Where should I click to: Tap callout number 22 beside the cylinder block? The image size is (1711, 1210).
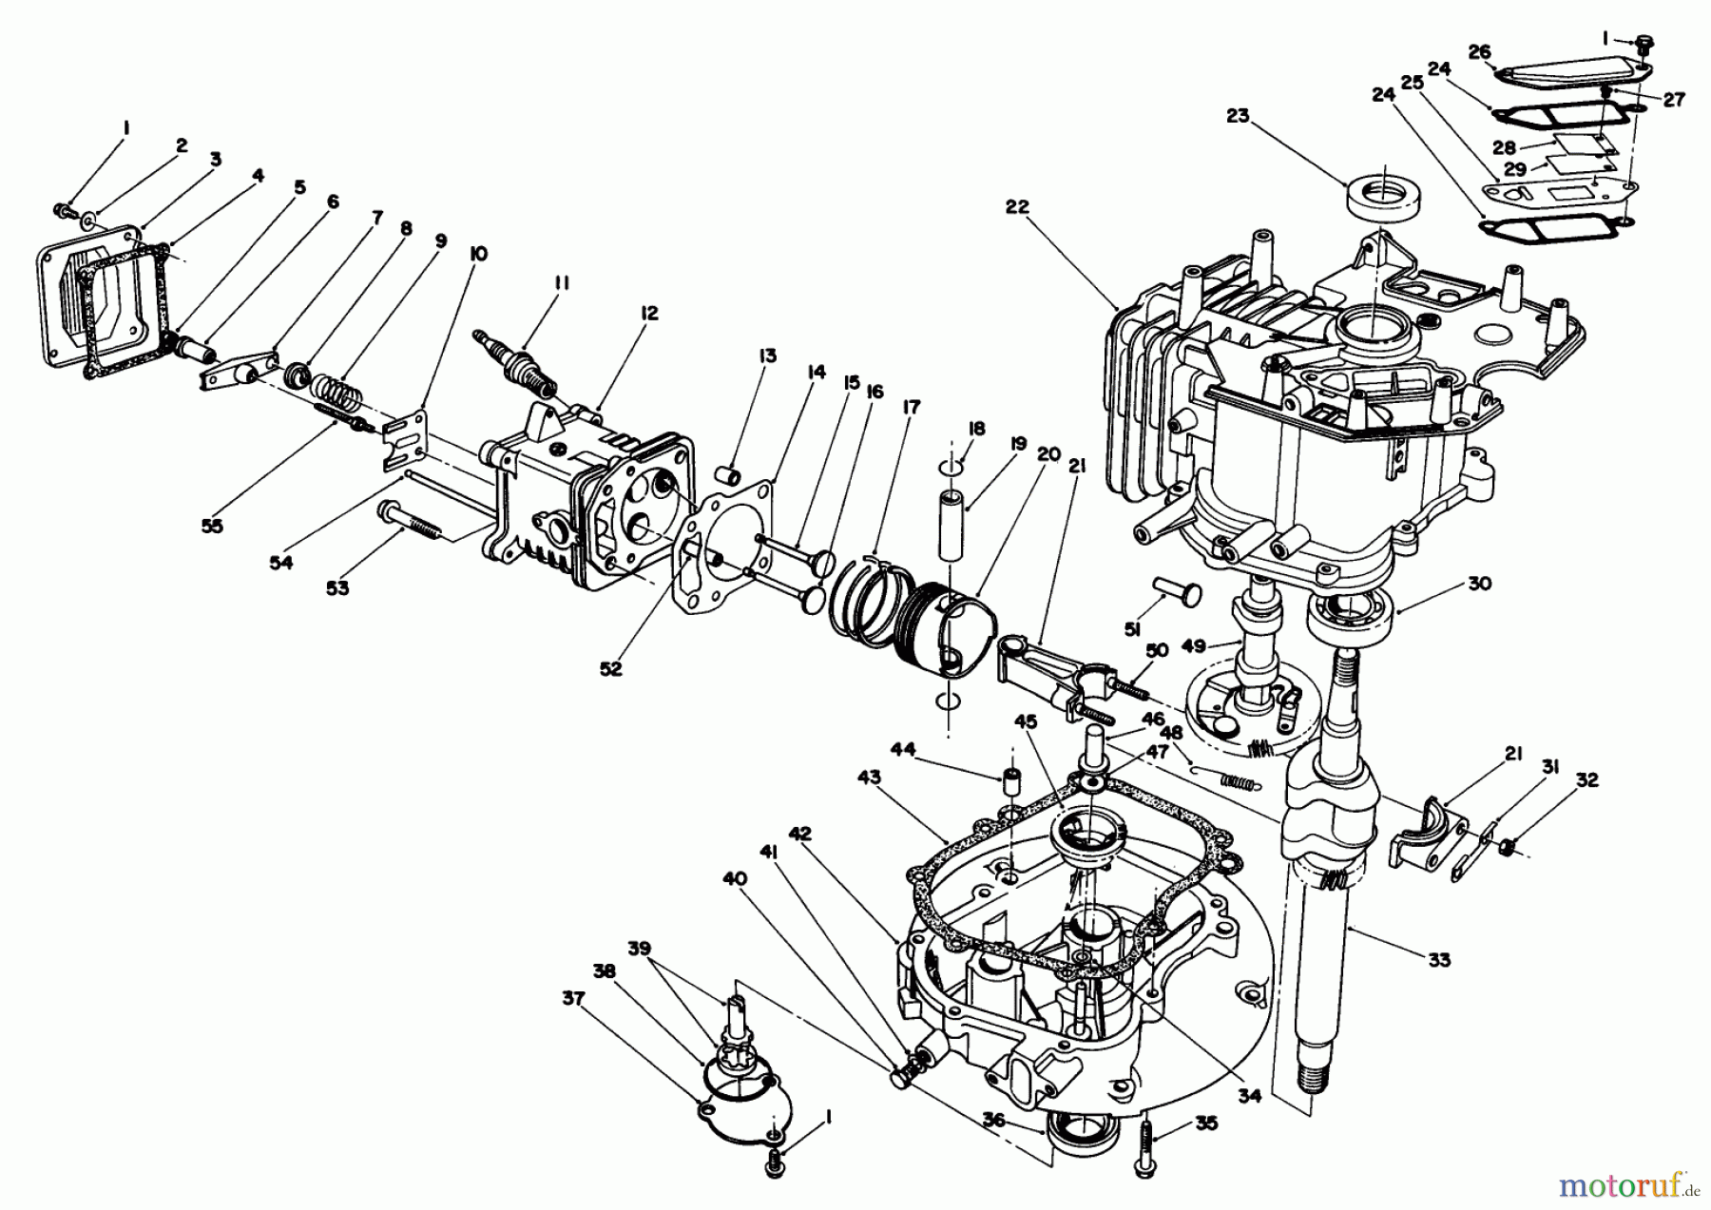coord(1017,207)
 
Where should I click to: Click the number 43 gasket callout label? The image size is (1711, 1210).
coord(869,777)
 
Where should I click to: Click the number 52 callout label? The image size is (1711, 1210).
coord(610,669)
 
